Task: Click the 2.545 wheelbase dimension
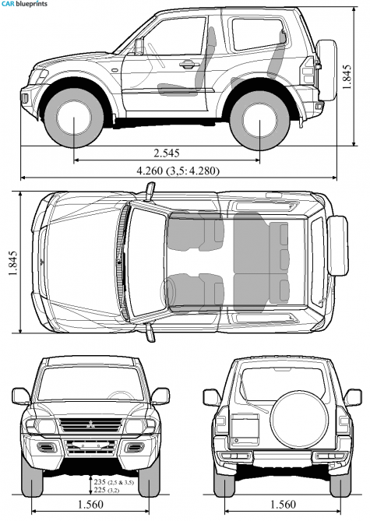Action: coord(167,153)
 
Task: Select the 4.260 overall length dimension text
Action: coord(150,171)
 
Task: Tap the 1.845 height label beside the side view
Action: coord(347,77)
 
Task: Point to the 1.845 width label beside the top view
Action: coord(13,263)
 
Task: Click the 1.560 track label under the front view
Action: coord(90,505)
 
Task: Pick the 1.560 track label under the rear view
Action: coord(283,505)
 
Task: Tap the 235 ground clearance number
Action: coord(100,482)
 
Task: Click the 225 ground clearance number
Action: coord(100,490)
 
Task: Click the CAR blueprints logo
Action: coord(24,4)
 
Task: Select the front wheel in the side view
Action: coord(73,118)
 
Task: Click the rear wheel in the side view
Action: coord(259,120)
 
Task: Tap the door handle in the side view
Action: coord(188,64)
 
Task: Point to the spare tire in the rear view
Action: coord(299,419)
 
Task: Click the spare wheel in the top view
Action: coord(338,245)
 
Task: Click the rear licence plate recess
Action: coord(245,429)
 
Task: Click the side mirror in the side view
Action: coord(139,47)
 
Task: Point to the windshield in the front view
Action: coord(90,383)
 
